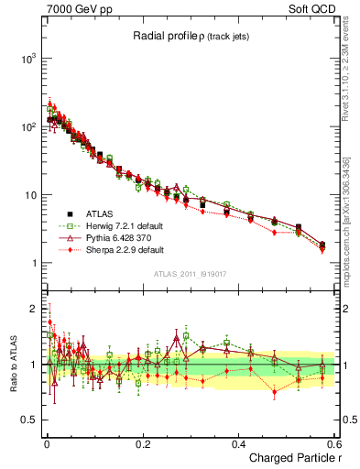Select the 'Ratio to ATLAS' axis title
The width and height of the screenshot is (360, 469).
tap(13, 364)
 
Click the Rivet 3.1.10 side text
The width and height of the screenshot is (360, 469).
tap(346, 84)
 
